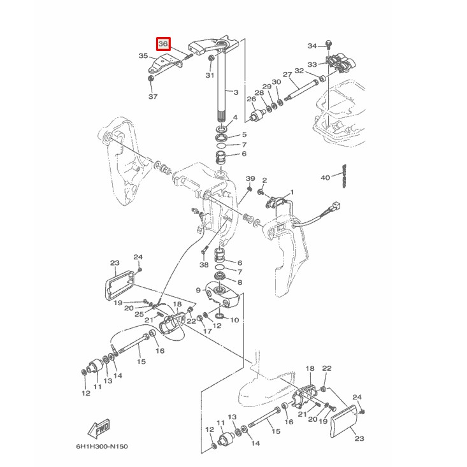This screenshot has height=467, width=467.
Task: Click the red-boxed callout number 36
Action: (163, 44)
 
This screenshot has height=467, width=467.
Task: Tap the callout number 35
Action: (143, 56)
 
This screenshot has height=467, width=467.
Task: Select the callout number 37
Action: (152, 97)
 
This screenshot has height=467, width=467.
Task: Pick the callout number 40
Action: (325, 178)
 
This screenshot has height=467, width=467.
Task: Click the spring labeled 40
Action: (344, 175)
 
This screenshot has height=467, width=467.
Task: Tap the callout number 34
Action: (312, 46)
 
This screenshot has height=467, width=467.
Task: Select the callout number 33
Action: (312, 64)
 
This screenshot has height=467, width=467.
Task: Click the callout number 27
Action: (287, 74)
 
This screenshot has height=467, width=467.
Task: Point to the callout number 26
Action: (251, 99)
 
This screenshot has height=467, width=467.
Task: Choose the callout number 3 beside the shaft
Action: (236, 92)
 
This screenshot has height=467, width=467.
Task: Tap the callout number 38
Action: (204, 264)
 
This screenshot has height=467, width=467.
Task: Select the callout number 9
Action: (198, 291)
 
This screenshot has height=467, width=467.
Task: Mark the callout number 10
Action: (234, 320)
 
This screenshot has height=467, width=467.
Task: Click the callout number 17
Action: (208, 331)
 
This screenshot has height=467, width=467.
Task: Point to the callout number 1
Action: (292, 192)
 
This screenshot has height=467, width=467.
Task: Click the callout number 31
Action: (210, 75)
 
